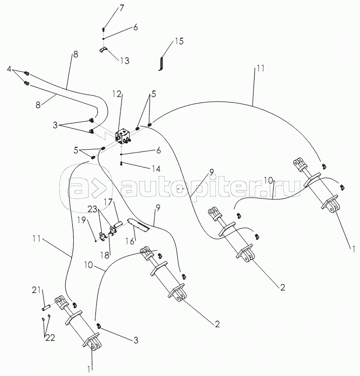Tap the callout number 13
tap(124, 60)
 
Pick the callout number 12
tap(117, 94)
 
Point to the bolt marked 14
tap(122, 162)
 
